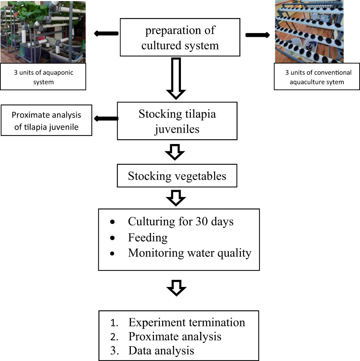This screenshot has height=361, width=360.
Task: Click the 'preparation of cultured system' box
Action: pyautogui.click(x=180, y=38)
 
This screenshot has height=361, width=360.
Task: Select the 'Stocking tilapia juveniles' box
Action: pyautogui.click(x=177, y=121)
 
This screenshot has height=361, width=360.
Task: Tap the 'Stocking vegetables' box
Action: pyautogui.click(x=177, y=176)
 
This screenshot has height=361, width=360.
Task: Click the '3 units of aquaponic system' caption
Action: pyautogui.click(x=43, y=77)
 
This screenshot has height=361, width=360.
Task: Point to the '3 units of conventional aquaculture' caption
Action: pyautogui.click(x=317, y=77)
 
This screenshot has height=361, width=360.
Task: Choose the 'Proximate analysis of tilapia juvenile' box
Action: pyautogui.click(x=46, y=120)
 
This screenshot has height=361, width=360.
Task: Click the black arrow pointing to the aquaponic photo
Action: pyautogui.click(x=106, y=34)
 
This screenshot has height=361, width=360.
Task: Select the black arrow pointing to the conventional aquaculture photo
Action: pyautogui.click(x=258, y=35)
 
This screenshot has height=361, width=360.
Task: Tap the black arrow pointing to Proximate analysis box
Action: pyautogui.click(x=106, y=118)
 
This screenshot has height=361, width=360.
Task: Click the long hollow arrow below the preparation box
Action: pyautogui.click(x=176, y=78)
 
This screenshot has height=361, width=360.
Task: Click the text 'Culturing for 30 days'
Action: pyautogui.click(x=181, y=221)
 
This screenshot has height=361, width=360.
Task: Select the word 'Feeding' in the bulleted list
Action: pyautogui.click(x=147, y=238)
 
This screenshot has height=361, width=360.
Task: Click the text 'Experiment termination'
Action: pyautogui.click(x=186, y=322)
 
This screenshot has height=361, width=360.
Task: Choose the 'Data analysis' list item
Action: pyautogui.click(x=161, y=350)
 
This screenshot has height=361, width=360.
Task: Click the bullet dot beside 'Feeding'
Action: pyautogui.click(x=112, y=238)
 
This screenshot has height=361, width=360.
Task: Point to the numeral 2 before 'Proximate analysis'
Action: pyautogui.click(x=114, y=337)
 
